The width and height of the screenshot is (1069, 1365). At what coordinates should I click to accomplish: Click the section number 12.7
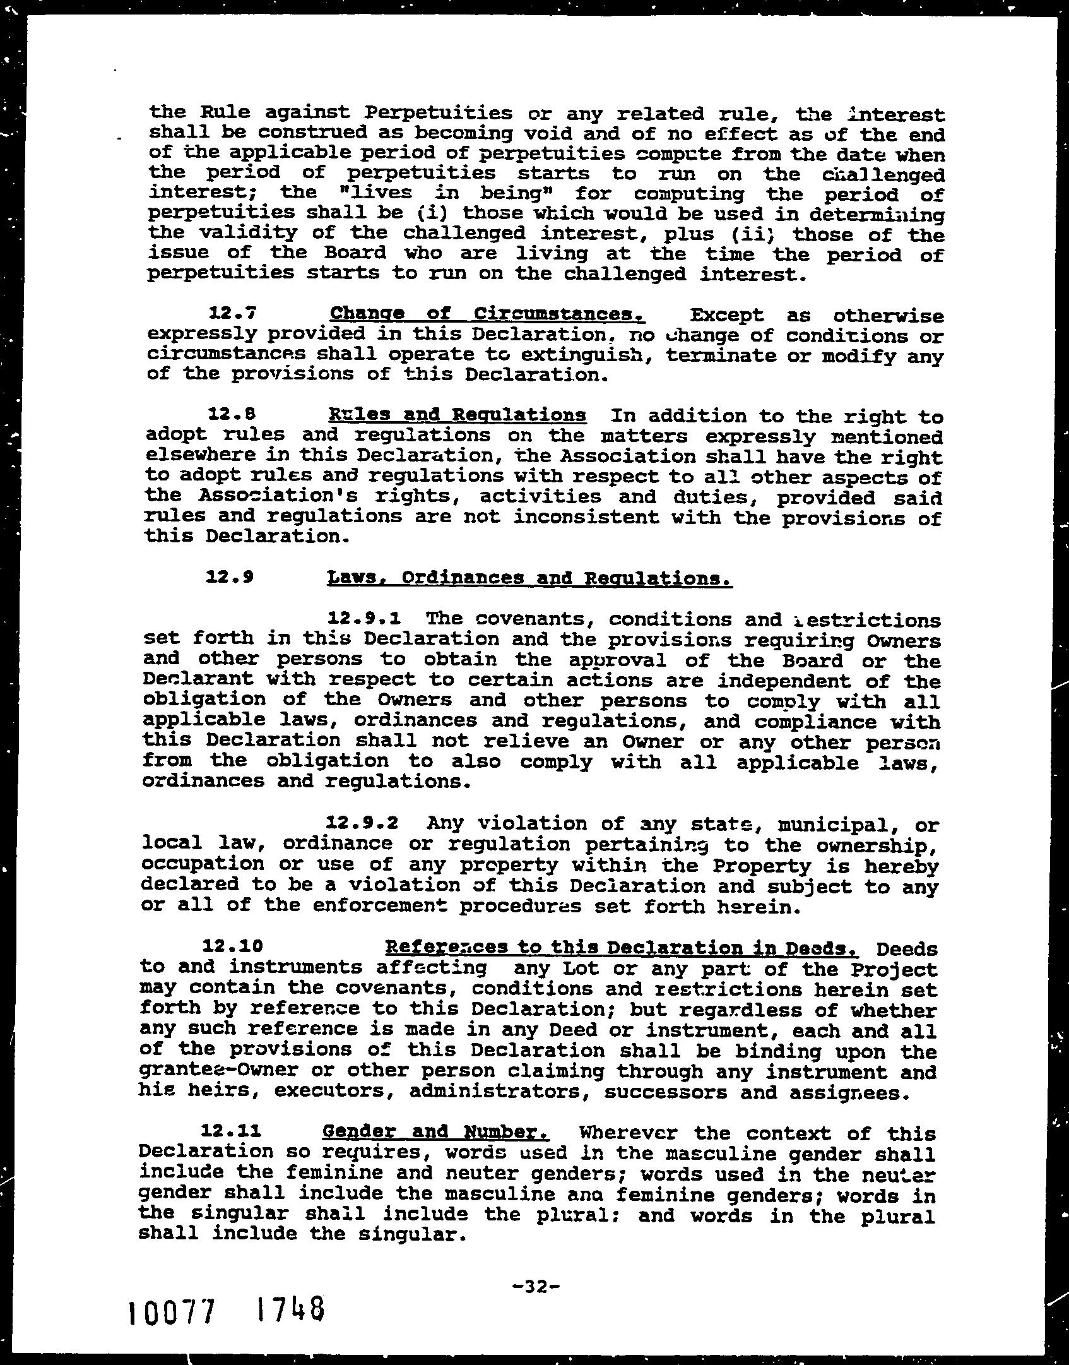tap(232, 314)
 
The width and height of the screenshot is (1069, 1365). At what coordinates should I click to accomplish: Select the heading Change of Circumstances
tap(487, 314)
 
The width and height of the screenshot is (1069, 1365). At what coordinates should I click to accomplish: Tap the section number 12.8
tap(232, 415)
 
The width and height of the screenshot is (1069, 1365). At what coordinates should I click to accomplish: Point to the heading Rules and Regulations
tap(457, 415)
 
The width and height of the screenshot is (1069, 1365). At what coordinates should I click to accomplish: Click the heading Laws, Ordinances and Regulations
tap(529, 578)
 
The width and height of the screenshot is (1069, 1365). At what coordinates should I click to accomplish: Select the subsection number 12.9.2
tap(365, 823)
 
